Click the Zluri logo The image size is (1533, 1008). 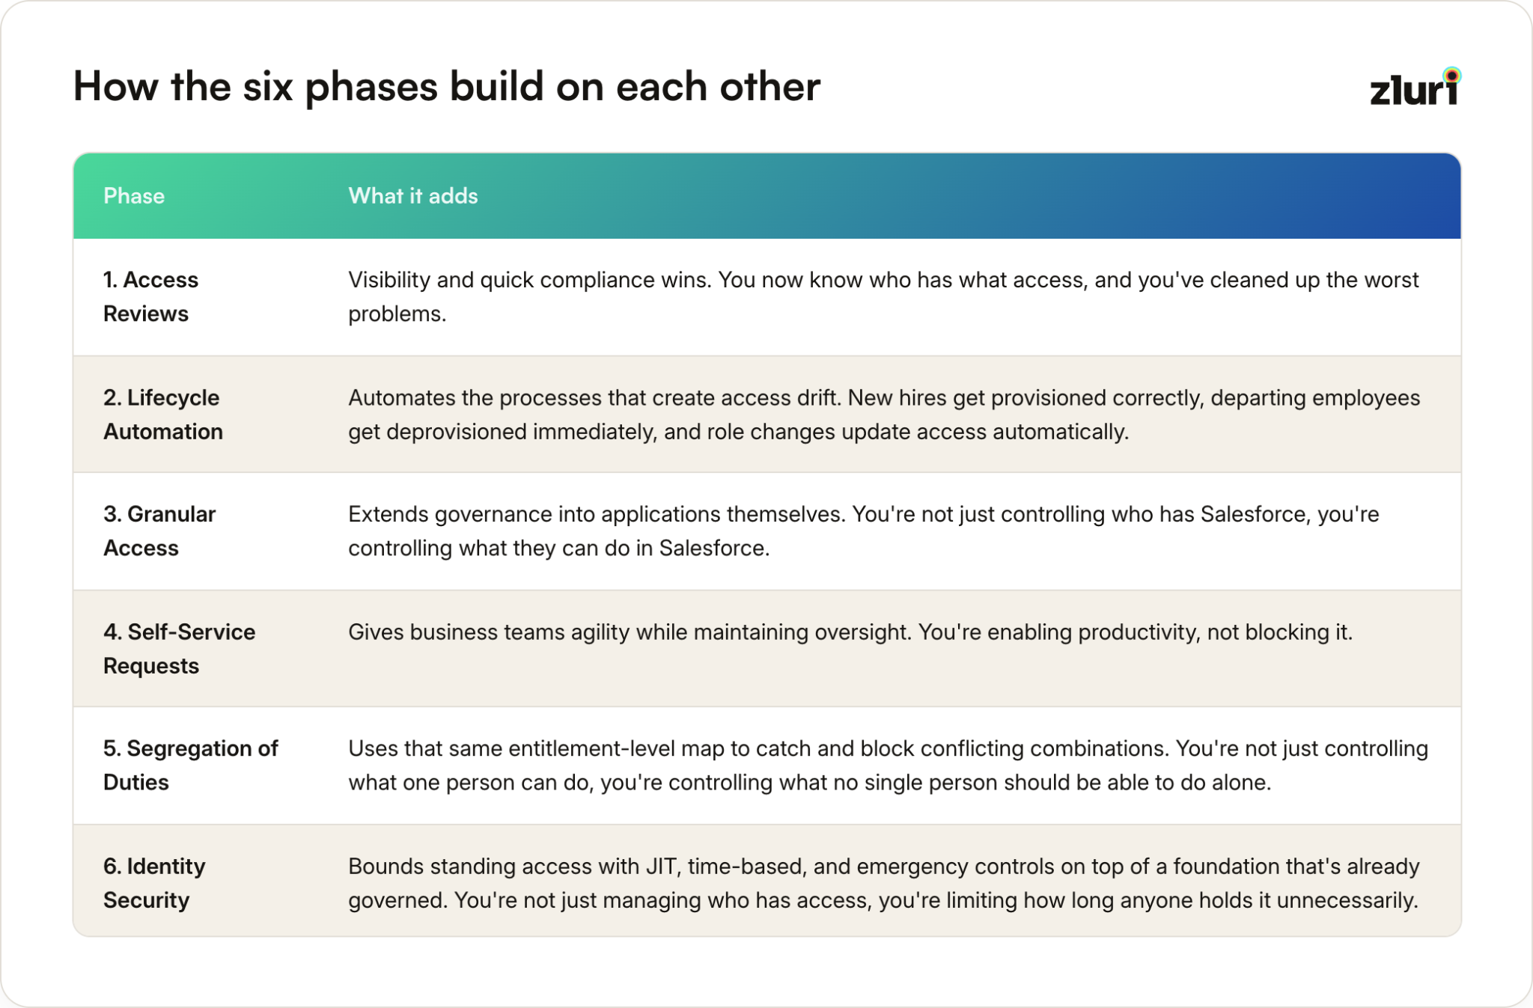1415,87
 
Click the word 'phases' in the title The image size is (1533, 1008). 371,88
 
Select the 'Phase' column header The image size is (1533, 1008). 134,196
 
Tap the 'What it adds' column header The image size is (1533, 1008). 413,196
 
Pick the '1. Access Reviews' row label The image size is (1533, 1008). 151,296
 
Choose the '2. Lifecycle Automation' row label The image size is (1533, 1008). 163,415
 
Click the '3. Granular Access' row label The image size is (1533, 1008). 159,531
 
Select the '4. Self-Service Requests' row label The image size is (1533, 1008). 180,649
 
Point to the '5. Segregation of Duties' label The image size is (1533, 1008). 191,766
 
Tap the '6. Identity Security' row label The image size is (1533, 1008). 154,883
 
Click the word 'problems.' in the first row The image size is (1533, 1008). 397,314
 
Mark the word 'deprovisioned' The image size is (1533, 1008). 457,432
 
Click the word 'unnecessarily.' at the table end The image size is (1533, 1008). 1347,900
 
